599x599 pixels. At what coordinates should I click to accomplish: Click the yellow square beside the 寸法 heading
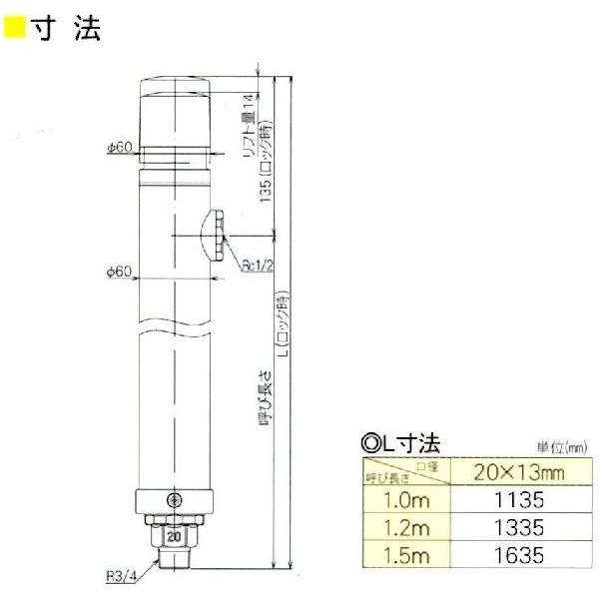[15, 27]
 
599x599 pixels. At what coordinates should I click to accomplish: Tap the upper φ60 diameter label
[119, 148]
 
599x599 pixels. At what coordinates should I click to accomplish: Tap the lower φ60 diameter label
[119, 271]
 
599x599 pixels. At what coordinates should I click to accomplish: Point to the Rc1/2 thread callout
[256, 265]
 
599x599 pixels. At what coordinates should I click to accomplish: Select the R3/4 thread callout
[123, 574]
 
